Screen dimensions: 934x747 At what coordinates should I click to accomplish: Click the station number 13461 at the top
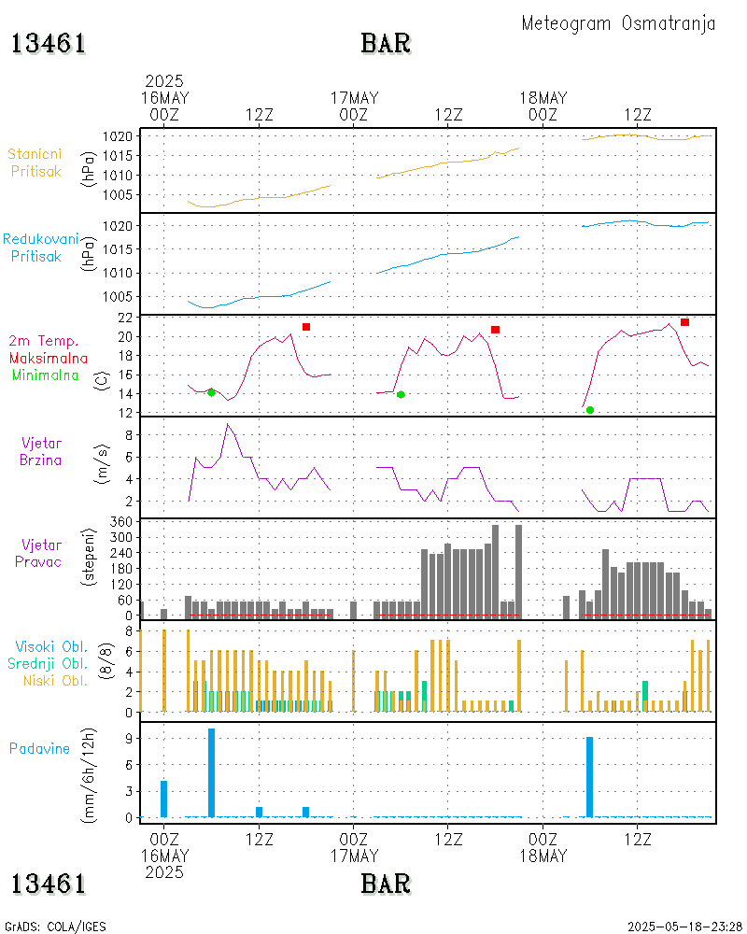click(49, 43)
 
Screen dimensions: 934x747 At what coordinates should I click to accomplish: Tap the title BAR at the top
click(386, 43)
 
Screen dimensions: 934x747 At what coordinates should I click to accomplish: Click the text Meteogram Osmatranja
click(618, 23)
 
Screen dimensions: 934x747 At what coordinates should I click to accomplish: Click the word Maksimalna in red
click(49, 358)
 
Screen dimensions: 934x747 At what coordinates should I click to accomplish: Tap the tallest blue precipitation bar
click(212, 772)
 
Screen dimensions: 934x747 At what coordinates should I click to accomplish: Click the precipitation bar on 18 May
click(589, 776)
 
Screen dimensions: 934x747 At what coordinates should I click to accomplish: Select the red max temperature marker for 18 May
click(684, 322)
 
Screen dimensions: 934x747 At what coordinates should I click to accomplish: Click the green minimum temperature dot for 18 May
click(590, 410)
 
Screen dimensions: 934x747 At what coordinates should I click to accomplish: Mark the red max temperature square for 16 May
click(306, 327)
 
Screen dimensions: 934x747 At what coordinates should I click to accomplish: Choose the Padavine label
click(39, 748)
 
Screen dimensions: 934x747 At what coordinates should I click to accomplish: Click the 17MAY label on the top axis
click(355, 98)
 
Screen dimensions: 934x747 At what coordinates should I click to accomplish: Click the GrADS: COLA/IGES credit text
click(55, 927)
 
